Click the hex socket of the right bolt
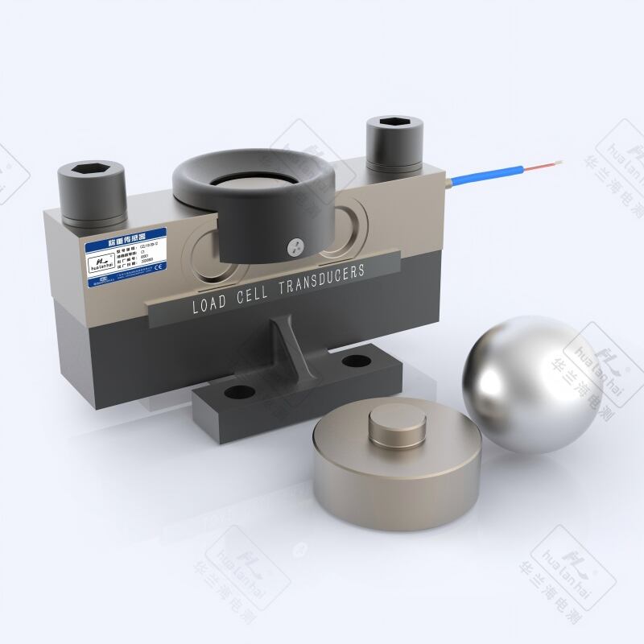[x=388, y=126]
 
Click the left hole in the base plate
[x=236, y=393]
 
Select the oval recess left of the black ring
[x=202, y=246]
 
